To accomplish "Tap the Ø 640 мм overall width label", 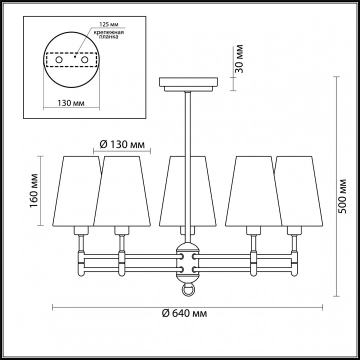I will click(x=185, y=313).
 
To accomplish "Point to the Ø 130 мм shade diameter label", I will click(x=122, y=144).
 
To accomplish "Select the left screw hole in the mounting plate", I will click(x=59, y=60).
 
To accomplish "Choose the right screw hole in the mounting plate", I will click(x=84, y=60).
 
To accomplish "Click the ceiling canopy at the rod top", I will click(x=188, y=83).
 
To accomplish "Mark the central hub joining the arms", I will click(x=188, y=262).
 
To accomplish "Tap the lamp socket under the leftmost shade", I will click(x=81, y=230).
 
